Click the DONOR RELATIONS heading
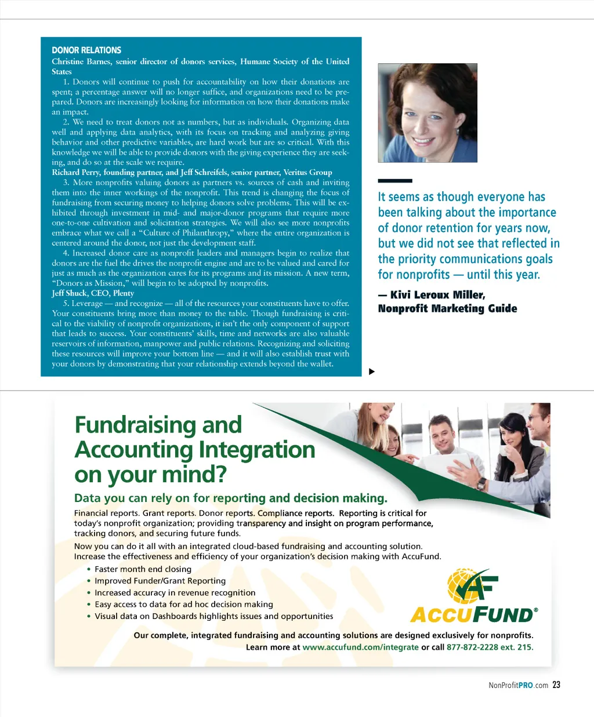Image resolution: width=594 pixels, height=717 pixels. coord(86,50)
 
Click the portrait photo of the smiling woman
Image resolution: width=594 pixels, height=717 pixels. coord(428,113)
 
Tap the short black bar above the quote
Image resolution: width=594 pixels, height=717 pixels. coord(394,181)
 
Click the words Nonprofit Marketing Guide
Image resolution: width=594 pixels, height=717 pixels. coord(447,309)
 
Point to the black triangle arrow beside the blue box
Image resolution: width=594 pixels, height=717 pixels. coord(372,372)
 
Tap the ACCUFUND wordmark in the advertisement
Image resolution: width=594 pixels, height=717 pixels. coord(473,614)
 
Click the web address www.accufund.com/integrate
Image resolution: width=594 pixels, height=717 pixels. coord(360,647)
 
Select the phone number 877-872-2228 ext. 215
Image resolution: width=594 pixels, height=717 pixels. coord(490,647)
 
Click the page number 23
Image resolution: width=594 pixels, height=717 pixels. coord(556,685)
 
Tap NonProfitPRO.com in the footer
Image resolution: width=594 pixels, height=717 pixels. coord(518,685)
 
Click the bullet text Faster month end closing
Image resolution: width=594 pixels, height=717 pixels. coord(143,569)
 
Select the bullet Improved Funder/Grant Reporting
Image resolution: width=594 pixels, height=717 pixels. coord(160,581)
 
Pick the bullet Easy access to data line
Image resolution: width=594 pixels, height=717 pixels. coord(183,605)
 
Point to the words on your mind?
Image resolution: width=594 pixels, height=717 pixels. coord(150,475)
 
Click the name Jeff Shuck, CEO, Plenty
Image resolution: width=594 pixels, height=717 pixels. coord(93,293)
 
